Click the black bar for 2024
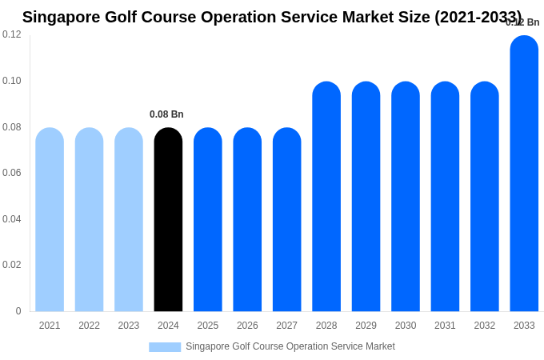(168, 220)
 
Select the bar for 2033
(524, 174)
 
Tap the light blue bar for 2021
(50, 220)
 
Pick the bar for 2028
(326, 197)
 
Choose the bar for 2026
(247, 220)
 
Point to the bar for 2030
(406, 197)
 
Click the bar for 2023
(129, 220)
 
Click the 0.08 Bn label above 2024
(166, 114)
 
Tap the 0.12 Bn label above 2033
(522, 22)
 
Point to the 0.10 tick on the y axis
(12, 81)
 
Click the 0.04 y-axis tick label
(12, 219)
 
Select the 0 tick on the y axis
(18, 311)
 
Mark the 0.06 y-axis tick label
(12, 173)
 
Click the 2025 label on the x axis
(208, 326)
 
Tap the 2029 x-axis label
(366, 326)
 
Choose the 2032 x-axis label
(485, 326)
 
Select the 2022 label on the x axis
(89, 326)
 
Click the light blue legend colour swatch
(165, 347)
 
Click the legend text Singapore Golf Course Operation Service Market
(290, 346)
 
